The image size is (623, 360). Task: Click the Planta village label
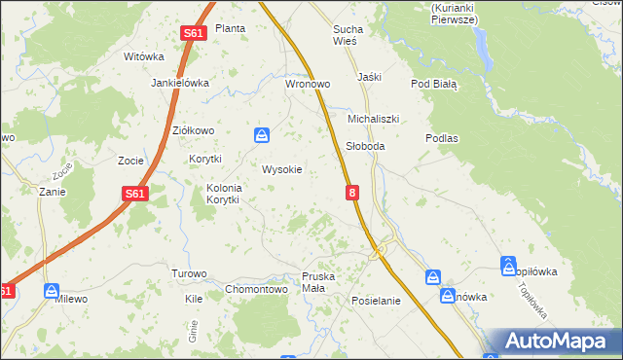(230, 28)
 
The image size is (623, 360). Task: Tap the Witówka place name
(144, 56)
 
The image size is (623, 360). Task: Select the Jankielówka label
(180, 83)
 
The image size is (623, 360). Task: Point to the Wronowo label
(308, 84)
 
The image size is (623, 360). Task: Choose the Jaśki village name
(369, 76)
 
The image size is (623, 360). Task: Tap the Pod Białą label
(434, 84)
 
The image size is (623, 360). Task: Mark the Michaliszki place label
(374, 119)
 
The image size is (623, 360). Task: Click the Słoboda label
(366, 146)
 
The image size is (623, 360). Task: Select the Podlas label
(442, 138)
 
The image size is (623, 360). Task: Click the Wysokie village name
(282, 169)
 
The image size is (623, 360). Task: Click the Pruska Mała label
(318, 282)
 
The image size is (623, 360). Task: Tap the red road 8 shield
(352, 195)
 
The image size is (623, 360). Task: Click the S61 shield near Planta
(193, 34)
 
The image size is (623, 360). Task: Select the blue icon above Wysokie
(262, 134)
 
